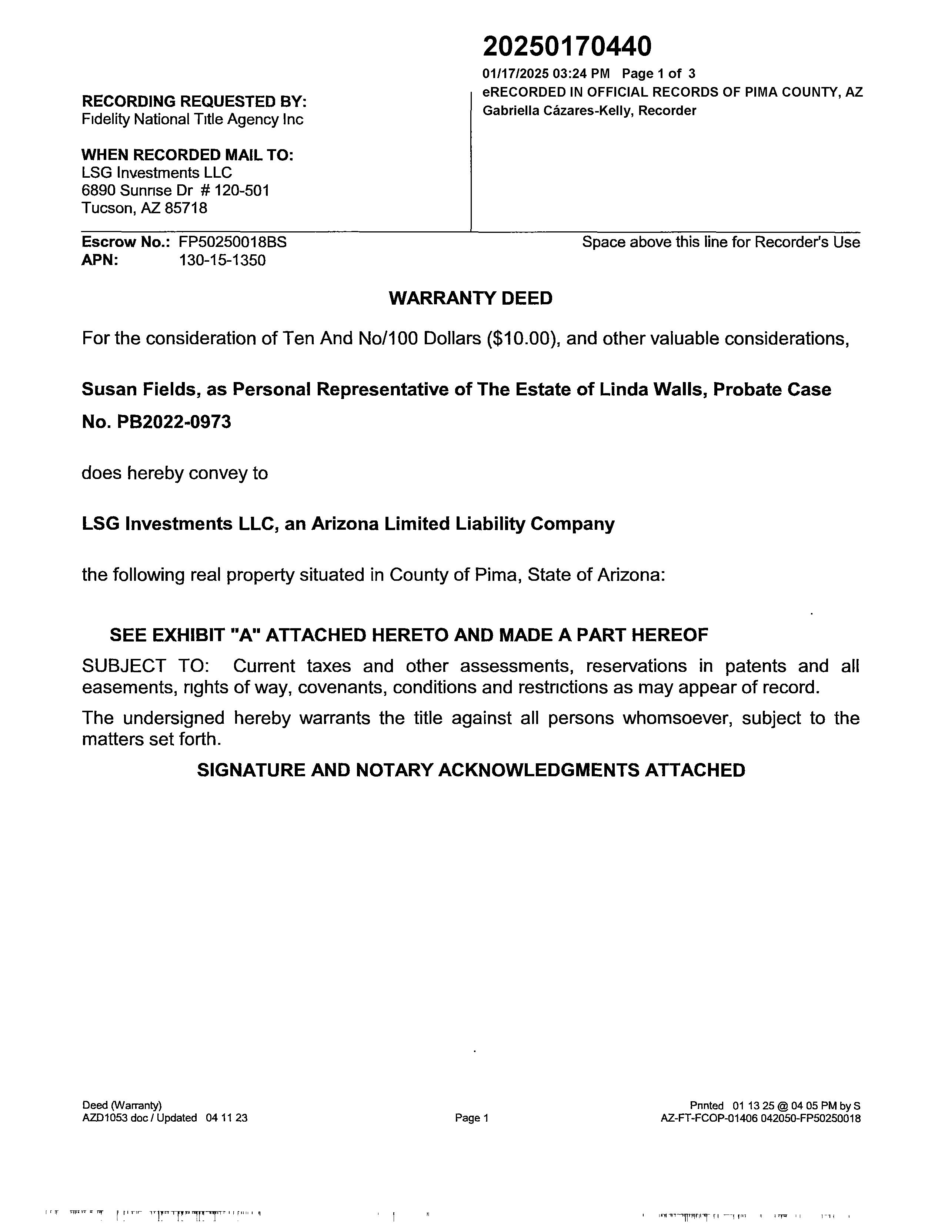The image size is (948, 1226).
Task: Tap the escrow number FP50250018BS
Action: pos(233,242)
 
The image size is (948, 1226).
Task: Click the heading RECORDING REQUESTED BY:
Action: pos(194,101)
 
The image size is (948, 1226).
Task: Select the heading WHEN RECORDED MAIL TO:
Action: pos(188,155)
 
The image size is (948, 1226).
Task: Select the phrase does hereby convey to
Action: pos(175,473)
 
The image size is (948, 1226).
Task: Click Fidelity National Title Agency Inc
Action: pos(193,120)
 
